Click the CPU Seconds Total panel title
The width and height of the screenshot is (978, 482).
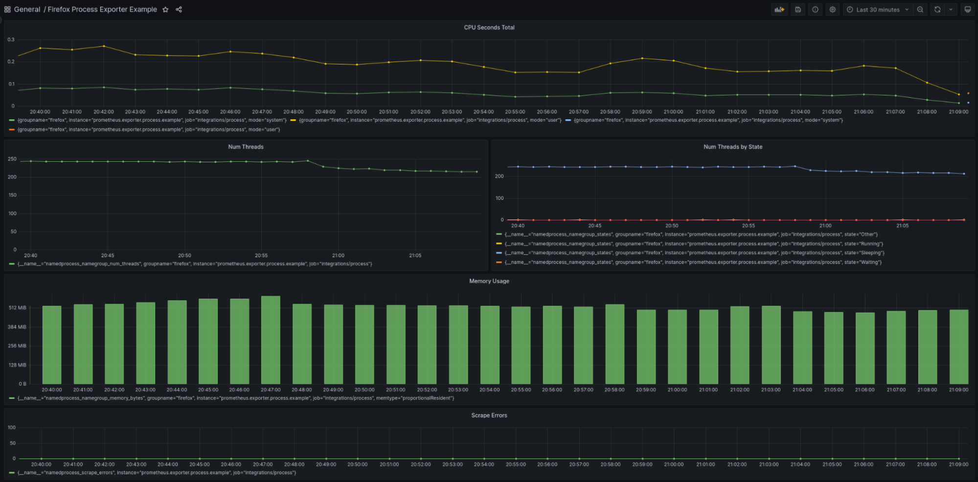coord(489,27)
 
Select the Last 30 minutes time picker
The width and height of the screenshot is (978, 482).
coord(878,10)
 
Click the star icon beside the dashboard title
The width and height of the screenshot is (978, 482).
coord(165,10)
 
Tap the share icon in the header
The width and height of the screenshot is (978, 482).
coord(179,10)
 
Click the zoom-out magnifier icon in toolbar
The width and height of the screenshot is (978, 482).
coord(920,10)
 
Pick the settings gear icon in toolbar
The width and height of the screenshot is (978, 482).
coord(832,10)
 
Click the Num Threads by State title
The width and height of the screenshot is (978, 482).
coord(732,147)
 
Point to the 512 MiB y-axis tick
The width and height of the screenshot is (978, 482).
coord(18,308)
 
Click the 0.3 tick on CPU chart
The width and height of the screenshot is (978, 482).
coord(11,40)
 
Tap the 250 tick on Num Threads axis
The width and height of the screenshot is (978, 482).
coord(12,159)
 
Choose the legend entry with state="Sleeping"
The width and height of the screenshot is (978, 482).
coord(694,253)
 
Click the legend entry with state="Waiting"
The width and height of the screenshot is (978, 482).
coord(693,263)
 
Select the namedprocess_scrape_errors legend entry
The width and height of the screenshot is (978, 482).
coord(157,473)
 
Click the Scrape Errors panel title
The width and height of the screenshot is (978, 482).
coord(489,415)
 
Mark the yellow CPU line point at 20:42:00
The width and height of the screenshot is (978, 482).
coord(104,46)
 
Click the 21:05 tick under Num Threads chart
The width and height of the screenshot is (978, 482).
coord(415,255)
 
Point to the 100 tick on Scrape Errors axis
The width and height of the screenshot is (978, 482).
coord(12,427)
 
